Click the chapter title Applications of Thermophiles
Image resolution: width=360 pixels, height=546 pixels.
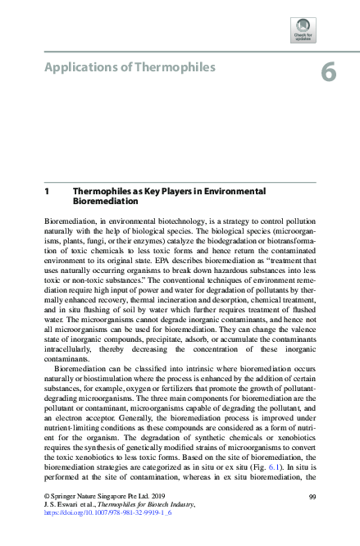click(129, 67)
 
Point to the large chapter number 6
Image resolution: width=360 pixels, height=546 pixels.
click(328, 73)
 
